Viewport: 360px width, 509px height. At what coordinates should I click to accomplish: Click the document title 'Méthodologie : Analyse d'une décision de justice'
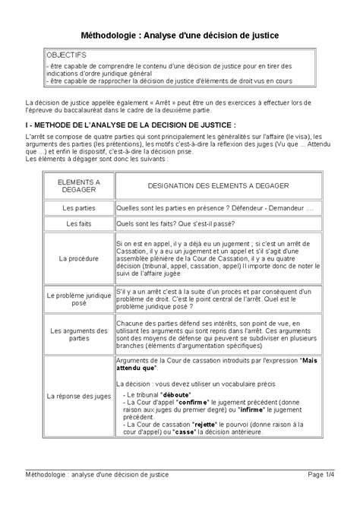pyautogui.click(x=180, y=36)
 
